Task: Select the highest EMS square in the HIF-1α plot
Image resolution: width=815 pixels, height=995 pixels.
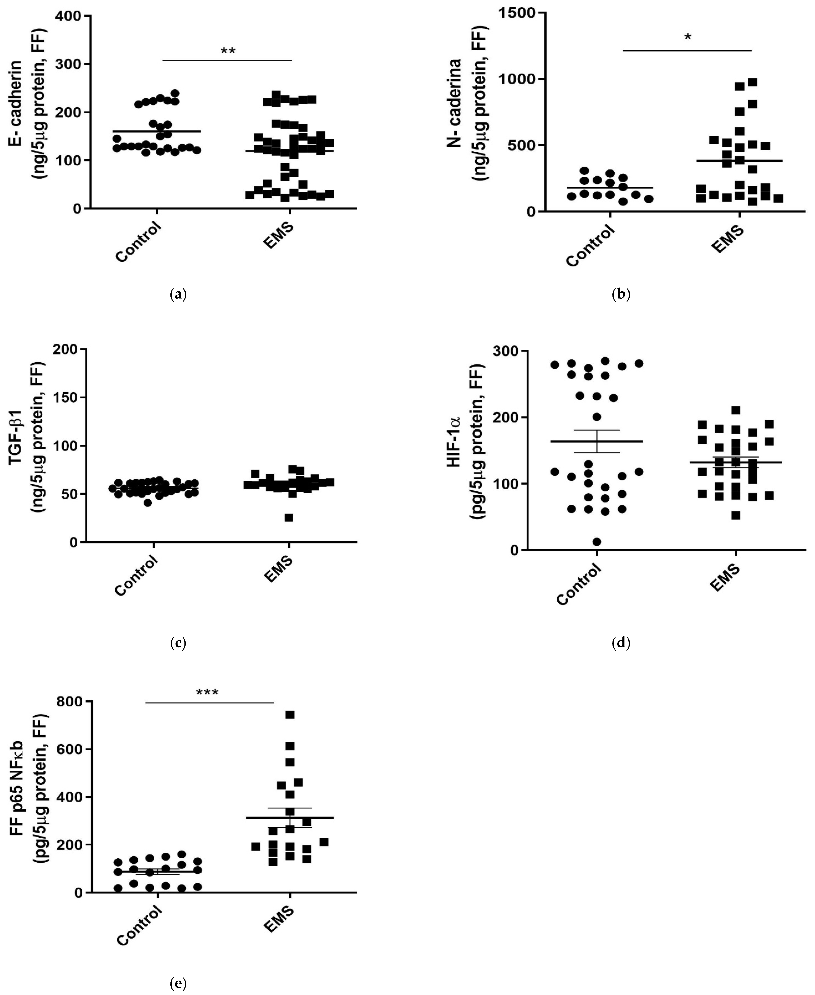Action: tap(736, 410)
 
